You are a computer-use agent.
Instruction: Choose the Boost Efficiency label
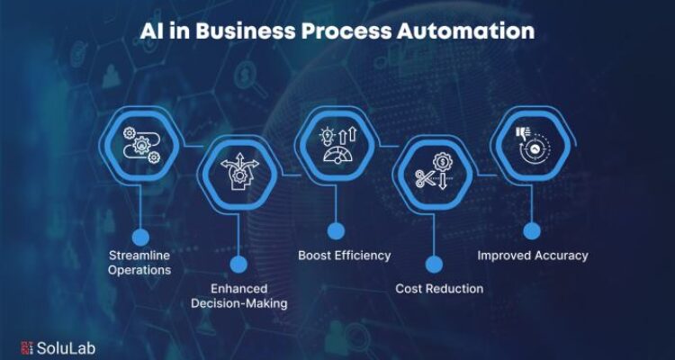[345, 255]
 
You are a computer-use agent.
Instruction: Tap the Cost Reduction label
[439, 288]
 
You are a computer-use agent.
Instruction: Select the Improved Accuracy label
[533, 255]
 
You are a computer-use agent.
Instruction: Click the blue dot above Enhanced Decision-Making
[238, 264]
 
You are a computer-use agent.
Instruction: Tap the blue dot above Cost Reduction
[434, 264]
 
